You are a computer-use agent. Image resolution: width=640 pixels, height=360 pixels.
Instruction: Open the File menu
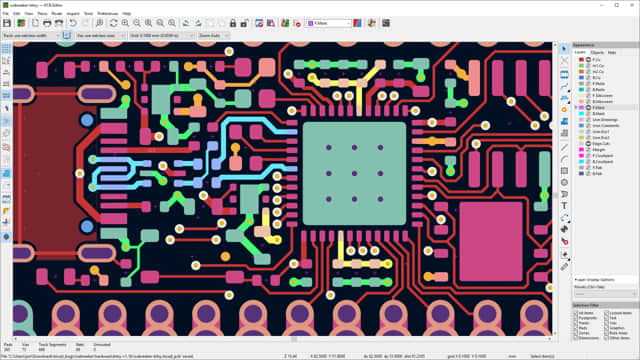pyautogui.click(x=6, y=14)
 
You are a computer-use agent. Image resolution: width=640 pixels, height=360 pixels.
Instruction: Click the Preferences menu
pyautogui.click(x=105, y=14)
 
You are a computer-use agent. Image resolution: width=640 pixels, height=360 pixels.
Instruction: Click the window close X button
pyautogui.click(x=632, y=5)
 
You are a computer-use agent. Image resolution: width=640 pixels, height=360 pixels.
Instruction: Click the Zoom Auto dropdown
pyautogui.click(x=212, y=34)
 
